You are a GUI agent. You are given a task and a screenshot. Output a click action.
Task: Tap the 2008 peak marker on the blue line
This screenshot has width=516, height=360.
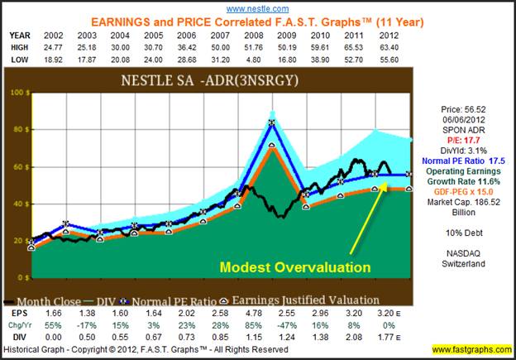pyautogui.click(x=272, y=123)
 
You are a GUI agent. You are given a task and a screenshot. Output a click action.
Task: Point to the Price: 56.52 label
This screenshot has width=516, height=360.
pyautogui.click(x=466, y=107)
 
